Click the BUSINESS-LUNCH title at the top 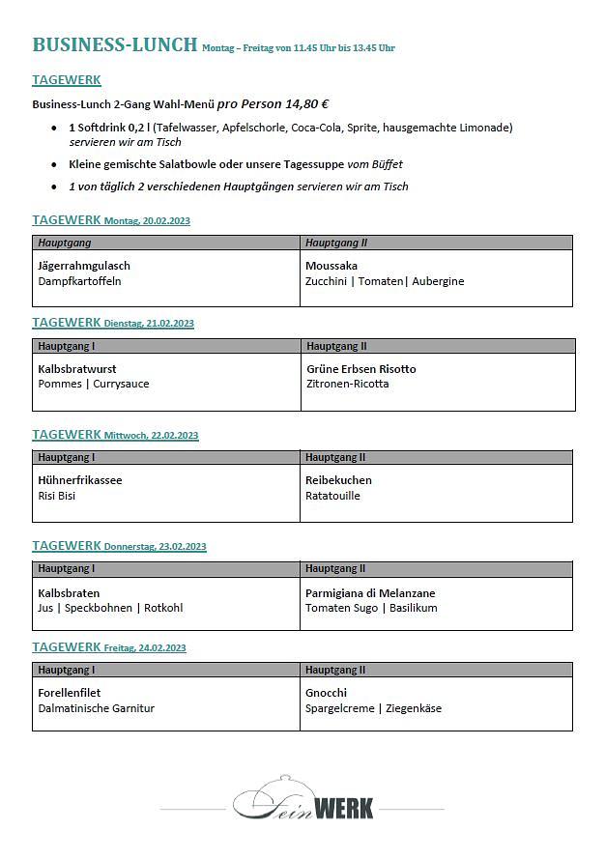pyautogui.click(x=114, y=44)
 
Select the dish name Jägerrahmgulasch pyautogui.click(x=84, y=266)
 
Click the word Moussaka pyautogui.click(x=331, y=266)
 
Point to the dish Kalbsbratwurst pyautogui.click(x=77, y=369)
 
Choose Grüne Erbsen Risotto pyautogui.click(x=361, y=369)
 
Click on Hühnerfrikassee pyautogui.click(x=80, y=480)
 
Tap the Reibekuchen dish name pyautogui.click(x=338, y=480)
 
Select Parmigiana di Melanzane pyautogui.click(x=370, y=593)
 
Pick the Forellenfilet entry pyautogui.click(x=70, y=693)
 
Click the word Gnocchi pyautogui.click(x=326, y=693)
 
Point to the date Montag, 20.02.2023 pyautogui.click(x=147, y=221)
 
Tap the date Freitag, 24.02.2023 pyautogui.click(x=145, y=648)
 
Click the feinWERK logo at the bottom pyautogui.click(x=302, y=800)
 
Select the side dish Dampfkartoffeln pyautogui.click(x=80, y=281)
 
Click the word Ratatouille pyautogui.click(x=332, y=496)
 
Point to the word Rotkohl pyautogui.click(x=163, y=608)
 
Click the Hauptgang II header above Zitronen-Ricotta pyautogui.click(x=336, y=346)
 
